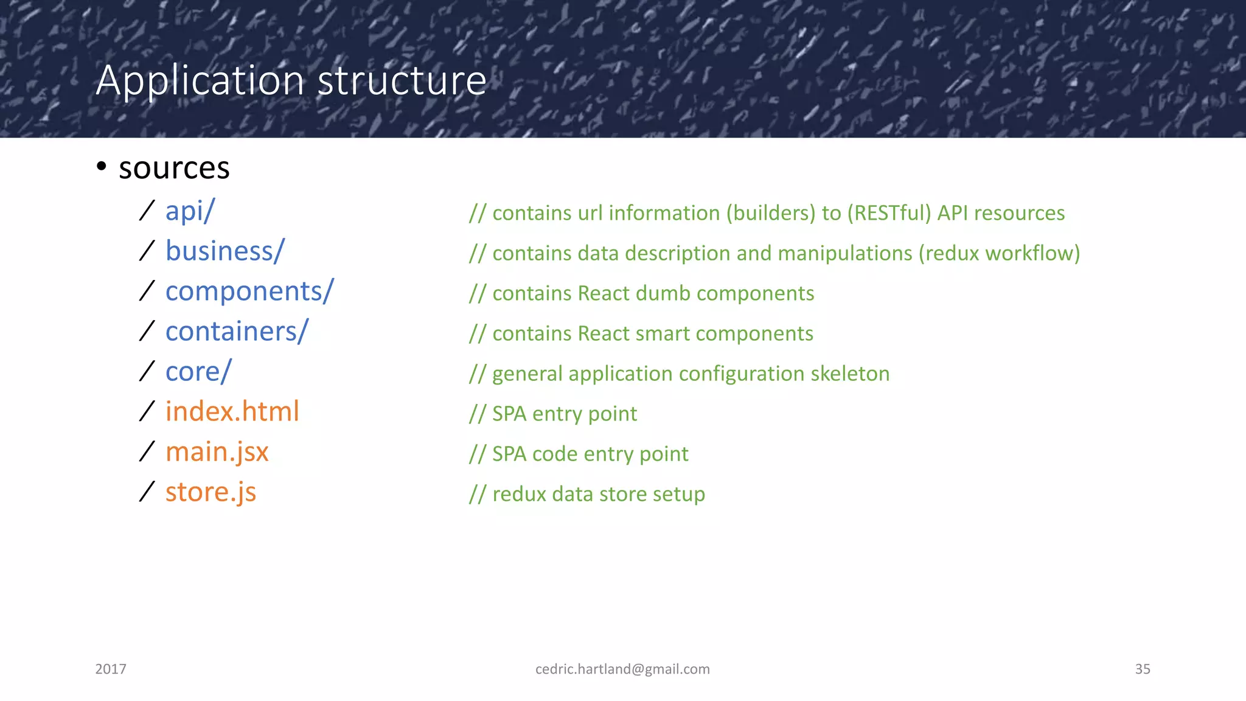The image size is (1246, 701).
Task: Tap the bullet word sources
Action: [174, 169]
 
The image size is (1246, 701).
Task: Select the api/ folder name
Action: [190, 212]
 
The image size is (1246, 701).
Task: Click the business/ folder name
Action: [224, 251]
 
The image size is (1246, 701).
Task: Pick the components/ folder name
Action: [249, 291]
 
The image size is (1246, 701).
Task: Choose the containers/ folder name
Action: [237, 332]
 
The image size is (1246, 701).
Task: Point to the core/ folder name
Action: [198, 372]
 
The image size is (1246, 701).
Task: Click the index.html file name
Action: [232, 412]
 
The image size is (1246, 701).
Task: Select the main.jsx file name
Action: [217, 452]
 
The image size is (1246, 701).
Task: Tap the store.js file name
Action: [211, 492]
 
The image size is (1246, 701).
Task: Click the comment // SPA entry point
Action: [553, 414]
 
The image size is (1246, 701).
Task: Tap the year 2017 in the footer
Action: [111, 669]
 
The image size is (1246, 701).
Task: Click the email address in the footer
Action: [622, 669]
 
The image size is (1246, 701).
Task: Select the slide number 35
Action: [1142, 669]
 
